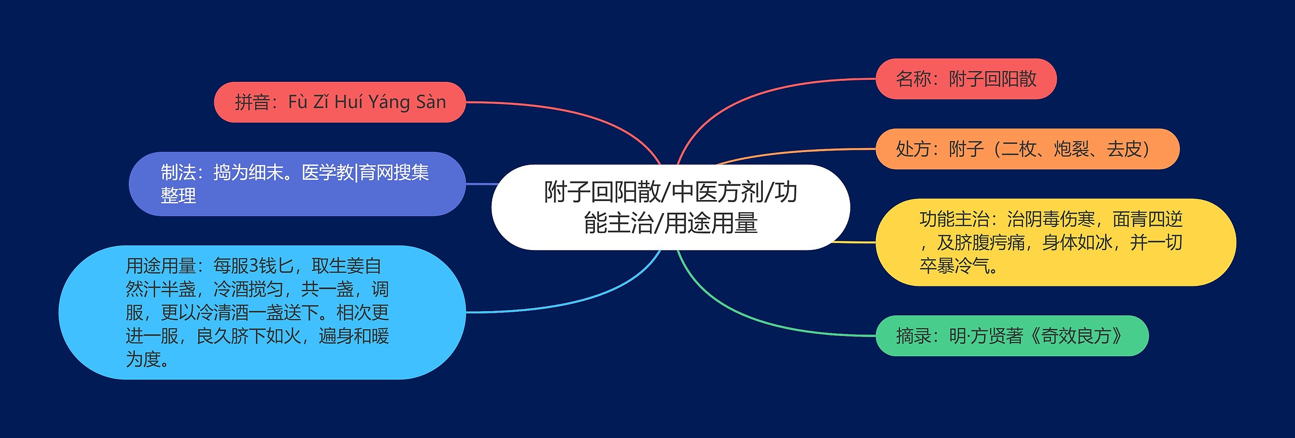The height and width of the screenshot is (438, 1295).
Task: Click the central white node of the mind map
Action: click(x=670, y=207)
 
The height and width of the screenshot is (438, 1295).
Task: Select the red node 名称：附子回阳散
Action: click(x=966, y=79)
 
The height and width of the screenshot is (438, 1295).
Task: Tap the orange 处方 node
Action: click(x=1027, y=149)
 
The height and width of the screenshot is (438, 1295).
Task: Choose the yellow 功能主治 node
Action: click(x=1055, y=242)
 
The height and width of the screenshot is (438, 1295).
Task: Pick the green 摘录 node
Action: click(x=1012, y=335)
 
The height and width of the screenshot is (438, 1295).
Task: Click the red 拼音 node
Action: click(x=339, y=102)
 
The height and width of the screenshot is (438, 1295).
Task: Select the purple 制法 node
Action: click(x=297, y=184)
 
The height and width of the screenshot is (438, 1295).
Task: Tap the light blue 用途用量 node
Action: click(x=262, y=312)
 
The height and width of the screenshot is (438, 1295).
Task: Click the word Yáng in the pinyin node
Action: click(x=389, y=102)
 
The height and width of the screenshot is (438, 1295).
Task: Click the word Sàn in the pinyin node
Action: click(x=431, y=102)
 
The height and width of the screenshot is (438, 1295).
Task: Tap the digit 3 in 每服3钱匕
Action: click(x=253, y=266)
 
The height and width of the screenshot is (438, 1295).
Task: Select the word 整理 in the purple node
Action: click(x=178, y=196)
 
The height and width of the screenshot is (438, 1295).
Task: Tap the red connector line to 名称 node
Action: click(x=759, y=93)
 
